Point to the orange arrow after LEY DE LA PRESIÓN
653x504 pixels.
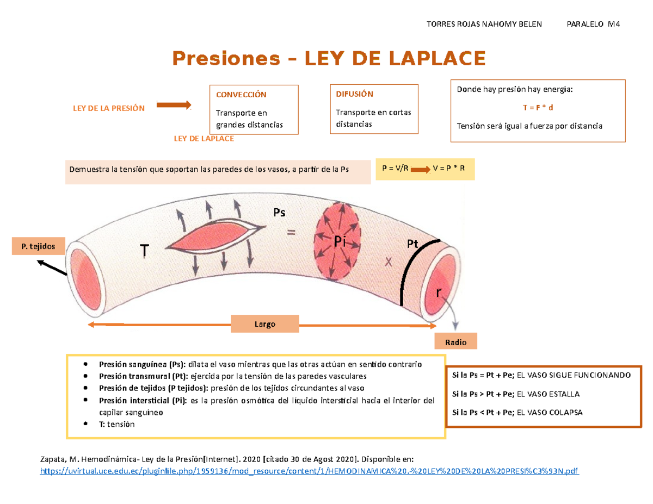coord(174,104)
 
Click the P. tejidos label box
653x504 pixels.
coord(38,246)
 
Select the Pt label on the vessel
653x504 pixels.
coord(412,245)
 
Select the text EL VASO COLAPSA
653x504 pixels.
coord(550,412)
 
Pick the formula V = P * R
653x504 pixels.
coord(449,169)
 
